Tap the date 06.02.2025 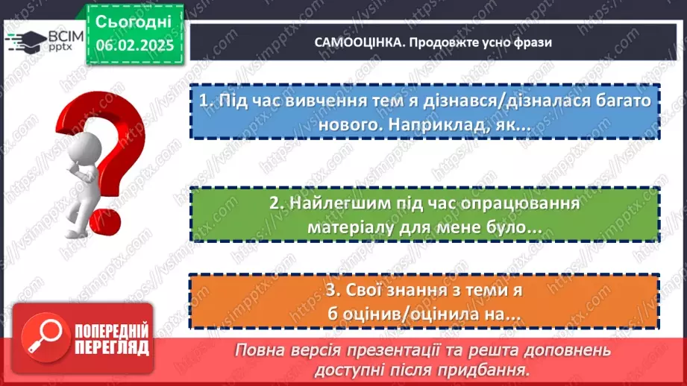pyautogui.click(x=134, y=45)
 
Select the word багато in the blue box pyautogui.click(x=619, y=101)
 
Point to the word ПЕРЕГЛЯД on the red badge pyautogui.click(x=111, y=347)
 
